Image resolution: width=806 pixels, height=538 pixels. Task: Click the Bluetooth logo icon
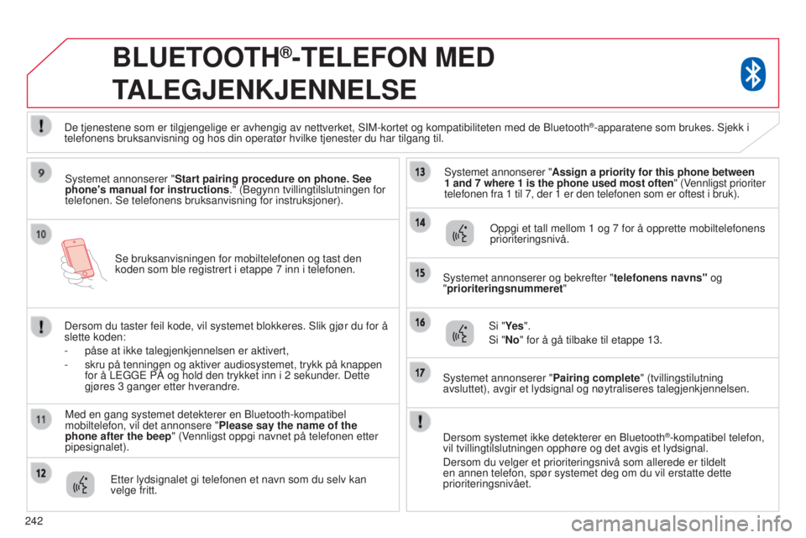752,74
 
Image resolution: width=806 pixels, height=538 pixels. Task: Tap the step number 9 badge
41,174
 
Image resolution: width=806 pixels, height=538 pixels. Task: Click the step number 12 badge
41,474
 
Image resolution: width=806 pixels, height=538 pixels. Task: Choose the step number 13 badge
419,173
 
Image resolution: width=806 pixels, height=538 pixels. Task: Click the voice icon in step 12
81,485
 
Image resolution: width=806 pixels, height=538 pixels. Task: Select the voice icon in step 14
458,232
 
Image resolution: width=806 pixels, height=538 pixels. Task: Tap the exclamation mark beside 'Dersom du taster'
41,323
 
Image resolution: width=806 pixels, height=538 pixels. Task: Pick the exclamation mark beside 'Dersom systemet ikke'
419,420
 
